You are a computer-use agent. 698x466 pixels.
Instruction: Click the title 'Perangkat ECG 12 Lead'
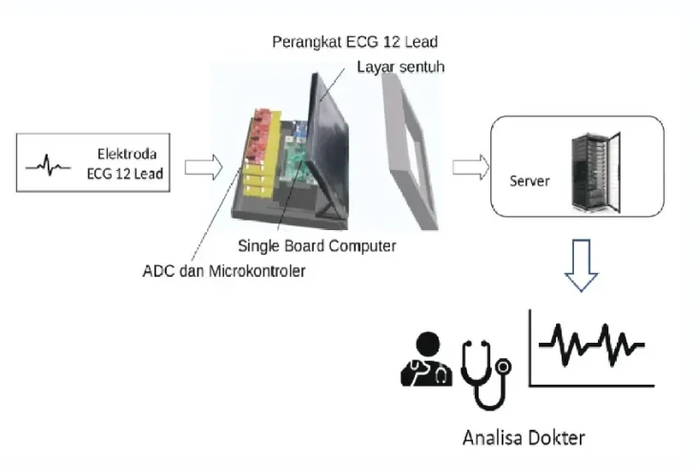355,42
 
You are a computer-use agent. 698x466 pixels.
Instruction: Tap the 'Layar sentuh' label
400,67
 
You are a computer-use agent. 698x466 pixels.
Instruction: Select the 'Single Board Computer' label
317,245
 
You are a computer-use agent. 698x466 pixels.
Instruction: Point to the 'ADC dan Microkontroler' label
224,270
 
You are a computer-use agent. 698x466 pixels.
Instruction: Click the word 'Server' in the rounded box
529,181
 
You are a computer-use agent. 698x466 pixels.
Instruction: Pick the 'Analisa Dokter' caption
523,437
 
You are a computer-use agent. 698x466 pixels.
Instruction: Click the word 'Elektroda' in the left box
127,154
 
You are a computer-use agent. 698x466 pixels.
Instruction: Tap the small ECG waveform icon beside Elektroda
48,165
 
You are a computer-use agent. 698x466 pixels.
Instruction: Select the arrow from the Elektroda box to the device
203,168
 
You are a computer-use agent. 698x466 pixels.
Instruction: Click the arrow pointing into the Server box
471,168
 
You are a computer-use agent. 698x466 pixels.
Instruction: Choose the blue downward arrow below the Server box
581,265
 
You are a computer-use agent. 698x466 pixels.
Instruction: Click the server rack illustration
596,172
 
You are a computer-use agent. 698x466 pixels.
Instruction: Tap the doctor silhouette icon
426,359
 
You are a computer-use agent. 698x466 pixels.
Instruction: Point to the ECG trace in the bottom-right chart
591,345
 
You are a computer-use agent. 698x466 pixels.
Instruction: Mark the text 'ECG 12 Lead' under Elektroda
125,174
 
